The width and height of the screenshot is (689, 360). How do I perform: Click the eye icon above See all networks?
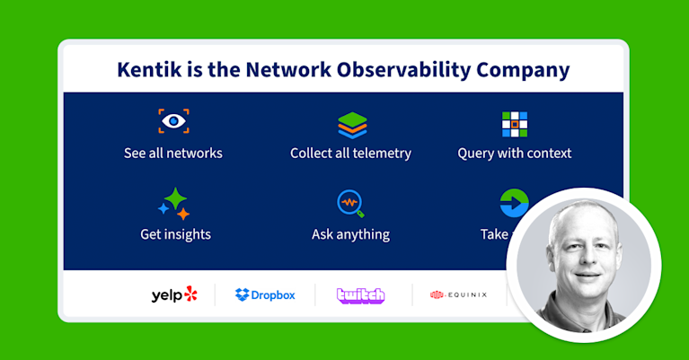[173, 122]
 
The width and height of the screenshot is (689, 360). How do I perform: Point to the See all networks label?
[173, 153]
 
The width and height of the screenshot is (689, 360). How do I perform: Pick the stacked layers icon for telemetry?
[351, 124]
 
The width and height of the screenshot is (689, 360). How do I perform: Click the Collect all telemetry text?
[350, 153]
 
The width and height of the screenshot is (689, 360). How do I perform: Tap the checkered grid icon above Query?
[515, 124]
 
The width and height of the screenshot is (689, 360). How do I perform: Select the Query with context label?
[515, 153]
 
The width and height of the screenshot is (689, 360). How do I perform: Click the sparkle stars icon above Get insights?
[174, 204]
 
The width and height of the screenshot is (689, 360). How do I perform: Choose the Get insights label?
[175, 234]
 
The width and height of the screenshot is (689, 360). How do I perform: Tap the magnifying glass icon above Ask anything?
[350, 204]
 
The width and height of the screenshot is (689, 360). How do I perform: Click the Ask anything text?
[350, 234]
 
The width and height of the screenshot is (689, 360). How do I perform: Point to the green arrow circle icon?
[513, 203]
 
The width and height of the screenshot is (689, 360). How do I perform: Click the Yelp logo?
[173, 294]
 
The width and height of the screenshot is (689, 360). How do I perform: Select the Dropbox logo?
[265, 294]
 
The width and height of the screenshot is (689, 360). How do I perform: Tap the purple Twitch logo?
[360, 294]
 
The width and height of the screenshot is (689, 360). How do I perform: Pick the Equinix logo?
[458, 294]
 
